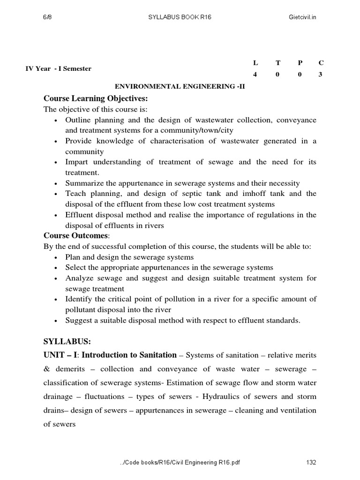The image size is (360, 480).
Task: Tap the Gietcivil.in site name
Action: coord(303,17)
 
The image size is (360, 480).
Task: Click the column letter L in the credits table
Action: coord(255,63)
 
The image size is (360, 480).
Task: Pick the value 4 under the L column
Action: coord(255,75)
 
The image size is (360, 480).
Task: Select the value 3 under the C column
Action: coord(321,75)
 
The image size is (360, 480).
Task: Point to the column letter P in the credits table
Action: coord(300,63)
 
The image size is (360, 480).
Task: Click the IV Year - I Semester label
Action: coord(59,68)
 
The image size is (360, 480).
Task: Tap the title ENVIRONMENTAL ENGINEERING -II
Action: coord(180,87)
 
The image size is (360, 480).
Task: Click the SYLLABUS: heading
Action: coord(67,341)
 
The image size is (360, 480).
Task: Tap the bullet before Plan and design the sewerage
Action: coord(56,257)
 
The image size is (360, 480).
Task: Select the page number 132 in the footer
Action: coord(311,462)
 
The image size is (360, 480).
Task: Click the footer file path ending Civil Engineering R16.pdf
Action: coord(180,462)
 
